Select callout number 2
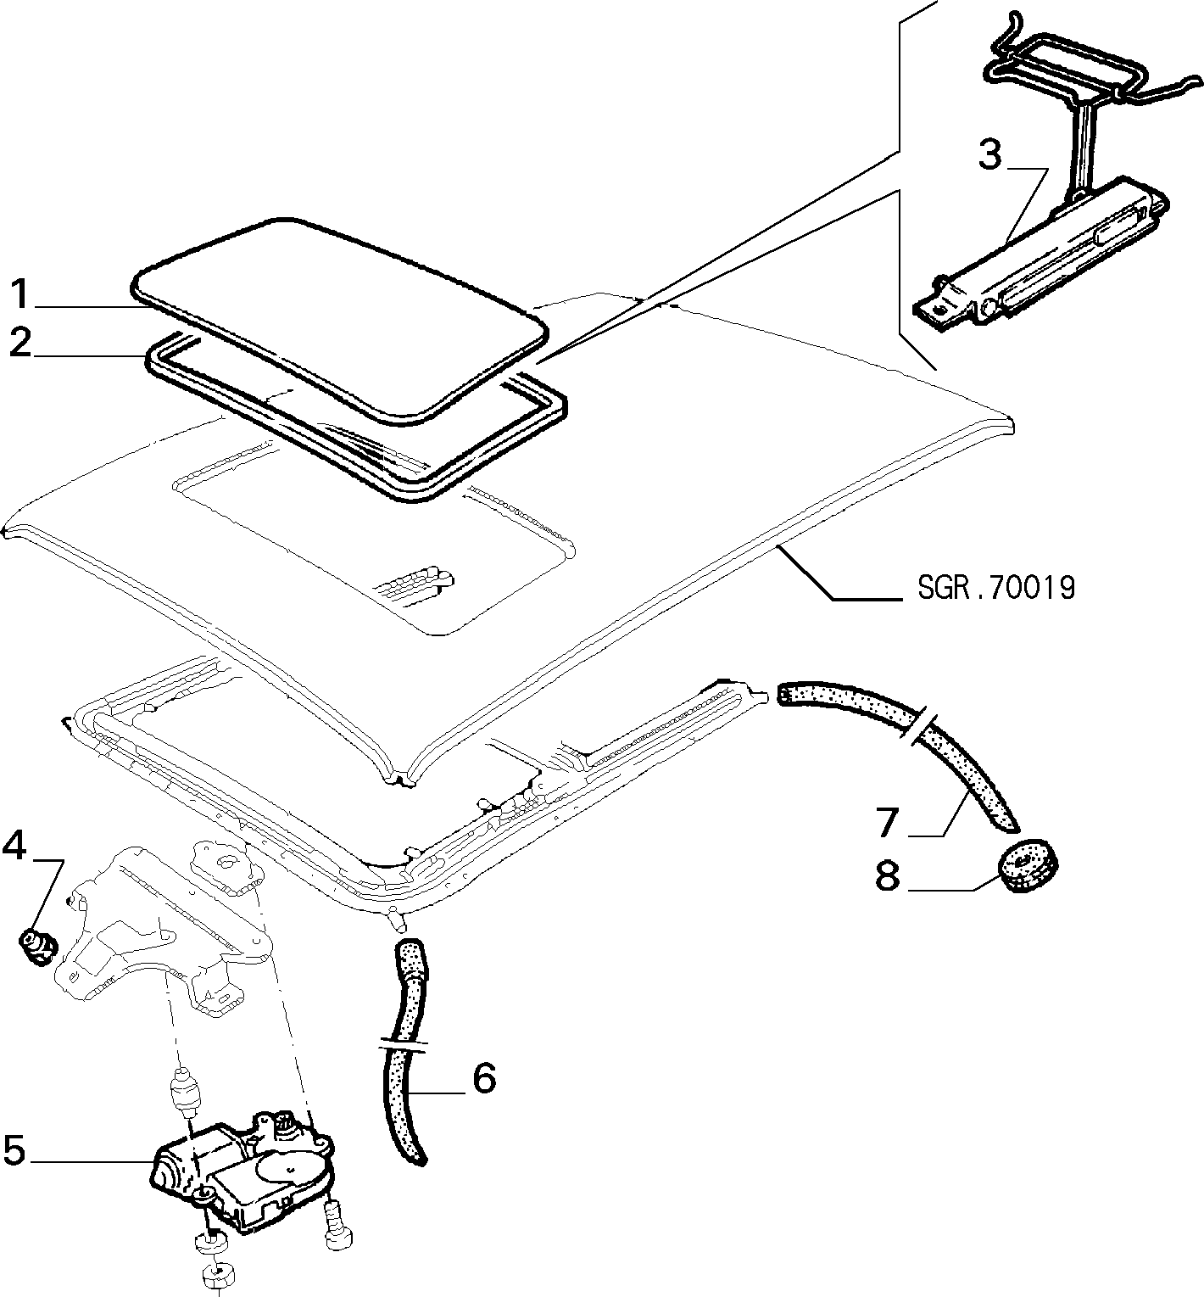tap(21, 344)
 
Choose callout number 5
tap(16, 1151)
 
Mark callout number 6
tap(483, 1079)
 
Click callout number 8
tap(887, 876)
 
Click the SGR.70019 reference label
tap(996, 587)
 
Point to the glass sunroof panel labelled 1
tap(339, 322)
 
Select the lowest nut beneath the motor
tap(217, 1276)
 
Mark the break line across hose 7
tap(919, 726)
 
